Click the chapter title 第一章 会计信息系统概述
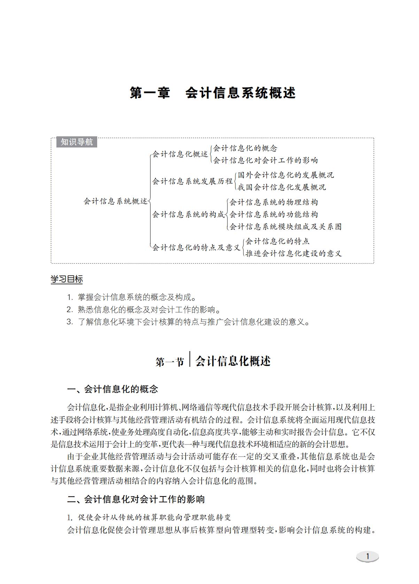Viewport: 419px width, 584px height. tap(212, 93)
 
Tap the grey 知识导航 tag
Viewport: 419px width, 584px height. tap(77, 142)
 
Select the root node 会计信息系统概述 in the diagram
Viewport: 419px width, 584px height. tap(115, 201)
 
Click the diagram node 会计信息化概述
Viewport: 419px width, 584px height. tap(180, 154)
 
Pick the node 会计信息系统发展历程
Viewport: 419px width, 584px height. tap(192, 181)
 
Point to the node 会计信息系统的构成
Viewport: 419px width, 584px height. tap(188, 214)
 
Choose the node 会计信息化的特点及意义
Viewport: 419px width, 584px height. tap(196, 248)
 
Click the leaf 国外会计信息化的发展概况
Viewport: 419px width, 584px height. tap(286, 175)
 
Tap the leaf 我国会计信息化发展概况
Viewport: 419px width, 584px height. tap(282, 187)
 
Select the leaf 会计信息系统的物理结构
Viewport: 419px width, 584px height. tap(273, 202)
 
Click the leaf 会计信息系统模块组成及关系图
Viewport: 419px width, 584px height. tap(285, 227)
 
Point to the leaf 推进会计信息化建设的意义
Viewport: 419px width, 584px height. tap(293, 253)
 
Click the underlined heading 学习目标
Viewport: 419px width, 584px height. tap(67, 279)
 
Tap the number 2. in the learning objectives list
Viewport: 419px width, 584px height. tap(70, 310)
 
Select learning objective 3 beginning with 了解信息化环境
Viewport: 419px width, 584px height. tap(194, 322)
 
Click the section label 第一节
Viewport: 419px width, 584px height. tap(170, 362)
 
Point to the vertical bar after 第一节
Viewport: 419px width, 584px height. tap(190, 359)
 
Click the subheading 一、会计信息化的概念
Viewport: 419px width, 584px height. tap(112, 389)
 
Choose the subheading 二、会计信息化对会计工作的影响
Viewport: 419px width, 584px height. tap(136, 499)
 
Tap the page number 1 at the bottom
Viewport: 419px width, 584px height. tap(367, 556)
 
